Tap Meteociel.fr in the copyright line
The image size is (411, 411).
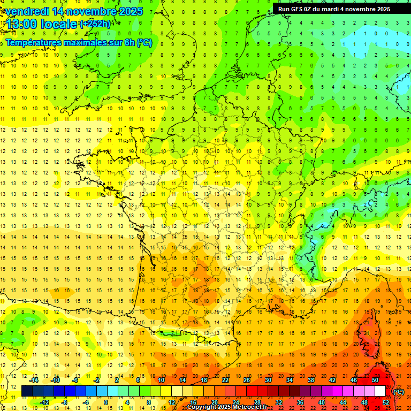pyautogui.click(x=246, y=407)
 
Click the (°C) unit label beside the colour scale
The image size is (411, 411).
pyautogui.click(x=399, y=392)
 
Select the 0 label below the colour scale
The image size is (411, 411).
pyautogui.click(x=106, y=402)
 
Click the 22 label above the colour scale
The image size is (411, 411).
pyautogui.click(x=225, y=380)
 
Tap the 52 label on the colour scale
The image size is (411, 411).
pyautogui.click(x=386, y=402)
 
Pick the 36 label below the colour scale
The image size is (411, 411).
pyautogui.click(x=300, y=402)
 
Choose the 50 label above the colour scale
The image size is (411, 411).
pyautogui.click(x=375, y=380)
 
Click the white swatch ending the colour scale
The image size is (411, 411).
pyautogui.click(x=380, y=391)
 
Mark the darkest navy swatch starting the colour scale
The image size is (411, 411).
pyautogui.click(x=27, y=391)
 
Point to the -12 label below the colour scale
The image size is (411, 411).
pyautogui.click(x=44, y=402)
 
